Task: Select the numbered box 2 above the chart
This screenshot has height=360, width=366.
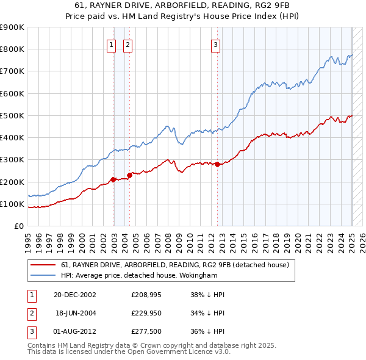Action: pyautogui.click(x=128, y=44)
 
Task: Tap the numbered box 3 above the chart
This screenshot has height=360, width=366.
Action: pyautogui.click(x=216, y=44)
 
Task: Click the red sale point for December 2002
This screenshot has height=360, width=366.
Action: pyautogui.click(x=113, y=179)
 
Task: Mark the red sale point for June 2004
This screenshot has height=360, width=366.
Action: pyautogui.click(x=129, y=176)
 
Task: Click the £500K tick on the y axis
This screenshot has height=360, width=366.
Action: pyautogui.click(x=12, y=115)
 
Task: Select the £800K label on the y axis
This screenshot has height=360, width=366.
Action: pyautogui.click(x=12, y=49)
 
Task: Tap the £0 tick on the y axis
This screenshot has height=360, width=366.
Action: pyautogui.click(x=18, y=226)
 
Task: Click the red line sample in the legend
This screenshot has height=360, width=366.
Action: pyautogui.click(x=43, y=265)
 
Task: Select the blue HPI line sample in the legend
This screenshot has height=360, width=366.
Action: pyautogui.click(x=43, y=275)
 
